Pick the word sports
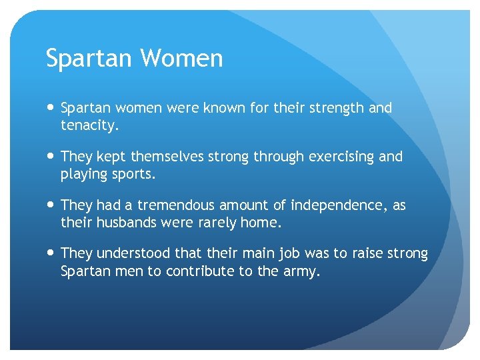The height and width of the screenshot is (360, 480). click(x=135, y=174)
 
